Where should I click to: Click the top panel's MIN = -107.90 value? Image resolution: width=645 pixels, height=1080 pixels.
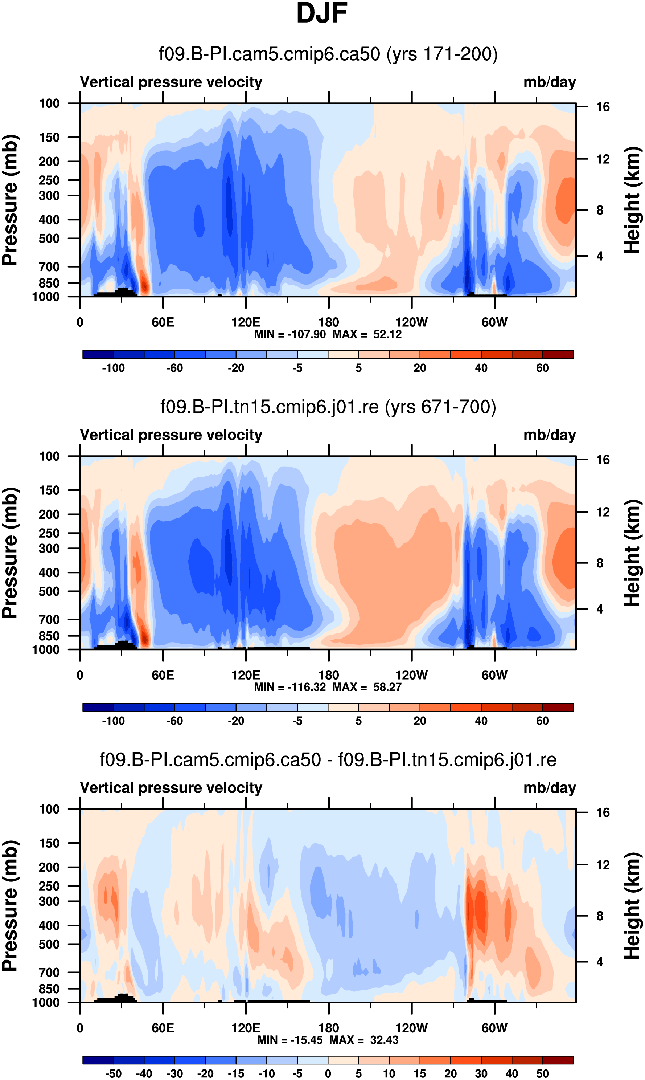[290, 334]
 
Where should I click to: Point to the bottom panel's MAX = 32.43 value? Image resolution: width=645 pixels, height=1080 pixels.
[364, 1040]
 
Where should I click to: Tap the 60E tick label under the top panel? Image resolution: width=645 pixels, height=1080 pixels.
[163, 323]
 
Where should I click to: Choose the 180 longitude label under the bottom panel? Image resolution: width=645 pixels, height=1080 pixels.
[329, 1028]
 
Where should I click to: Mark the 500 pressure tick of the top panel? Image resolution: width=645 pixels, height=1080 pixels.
[49, 239]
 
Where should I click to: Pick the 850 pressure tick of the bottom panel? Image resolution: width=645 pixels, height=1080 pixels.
[49, 989]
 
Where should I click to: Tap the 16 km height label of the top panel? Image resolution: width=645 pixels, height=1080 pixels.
[603, 107]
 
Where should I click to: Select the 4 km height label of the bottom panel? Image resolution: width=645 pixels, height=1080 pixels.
[600, 962]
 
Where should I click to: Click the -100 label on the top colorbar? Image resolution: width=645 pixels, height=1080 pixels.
[114, 368]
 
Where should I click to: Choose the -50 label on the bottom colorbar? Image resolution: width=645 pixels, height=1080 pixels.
[114, 1074]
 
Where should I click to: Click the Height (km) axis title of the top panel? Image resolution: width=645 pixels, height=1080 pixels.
[633, 200]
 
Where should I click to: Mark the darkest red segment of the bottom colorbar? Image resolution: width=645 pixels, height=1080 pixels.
[558, 1060]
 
